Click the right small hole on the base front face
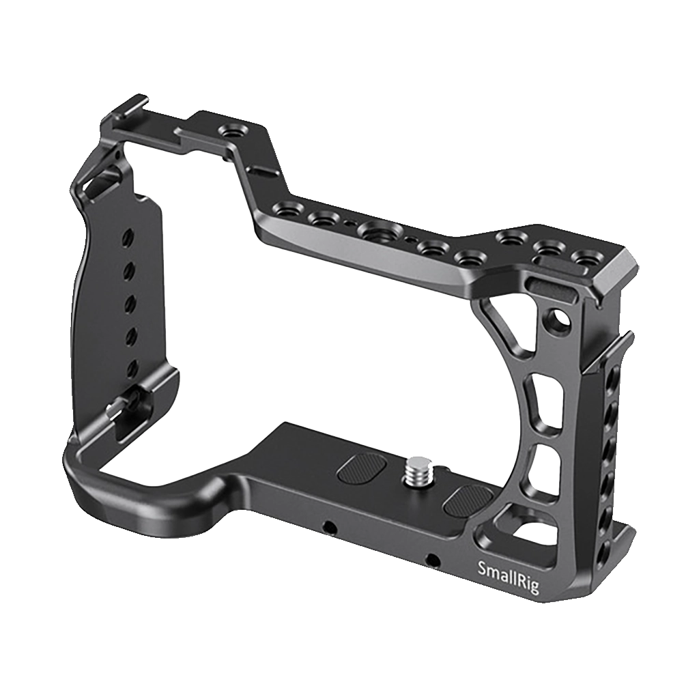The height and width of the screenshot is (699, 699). (431, 560)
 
